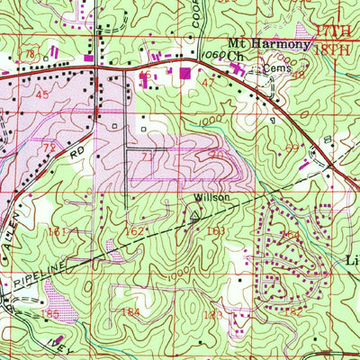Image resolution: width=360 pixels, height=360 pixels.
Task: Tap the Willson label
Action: point(202,197)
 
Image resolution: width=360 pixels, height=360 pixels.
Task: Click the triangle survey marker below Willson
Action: point(195,214)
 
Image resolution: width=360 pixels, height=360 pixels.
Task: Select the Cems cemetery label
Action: point(271,67)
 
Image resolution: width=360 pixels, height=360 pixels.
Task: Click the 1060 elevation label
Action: point(212,56)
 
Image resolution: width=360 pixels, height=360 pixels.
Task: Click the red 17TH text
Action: point(334,39)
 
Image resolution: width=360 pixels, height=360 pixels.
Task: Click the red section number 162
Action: point(134,231)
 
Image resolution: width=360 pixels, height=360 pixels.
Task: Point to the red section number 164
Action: point(288,236)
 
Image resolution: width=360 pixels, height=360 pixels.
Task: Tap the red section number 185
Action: point(50,314)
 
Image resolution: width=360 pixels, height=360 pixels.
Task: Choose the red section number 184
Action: point(131,311)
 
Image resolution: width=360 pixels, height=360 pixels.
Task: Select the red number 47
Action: point(209,82)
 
